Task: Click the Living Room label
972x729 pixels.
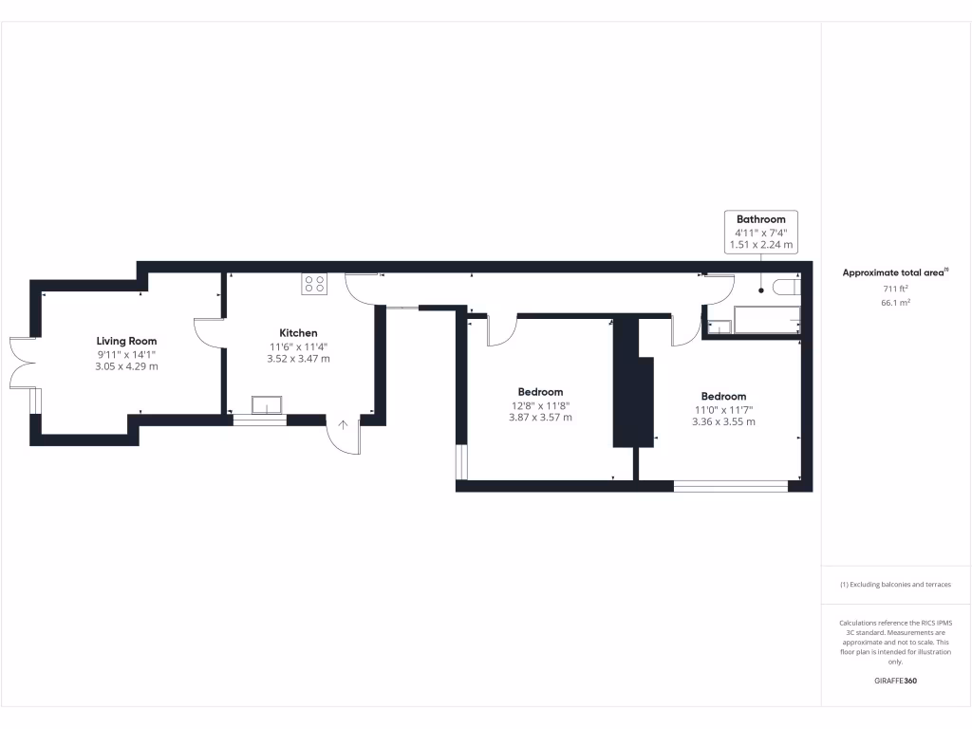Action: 126,341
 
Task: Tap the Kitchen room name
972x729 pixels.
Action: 298,333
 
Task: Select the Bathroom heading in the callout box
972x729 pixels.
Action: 760,219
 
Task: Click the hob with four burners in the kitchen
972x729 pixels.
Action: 314,283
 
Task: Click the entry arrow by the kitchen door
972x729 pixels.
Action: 343,424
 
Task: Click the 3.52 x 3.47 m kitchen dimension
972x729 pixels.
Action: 298,359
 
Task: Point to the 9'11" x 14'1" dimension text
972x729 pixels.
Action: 126,354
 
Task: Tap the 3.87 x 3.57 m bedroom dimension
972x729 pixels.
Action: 540,418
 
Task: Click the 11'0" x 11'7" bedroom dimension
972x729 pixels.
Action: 723,410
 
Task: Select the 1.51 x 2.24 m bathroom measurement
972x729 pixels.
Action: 760,245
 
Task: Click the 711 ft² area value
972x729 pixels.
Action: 896,288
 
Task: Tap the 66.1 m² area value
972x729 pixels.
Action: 896,302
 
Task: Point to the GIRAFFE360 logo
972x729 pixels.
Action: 895,681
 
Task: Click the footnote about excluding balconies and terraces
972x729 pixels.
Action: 895,585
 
